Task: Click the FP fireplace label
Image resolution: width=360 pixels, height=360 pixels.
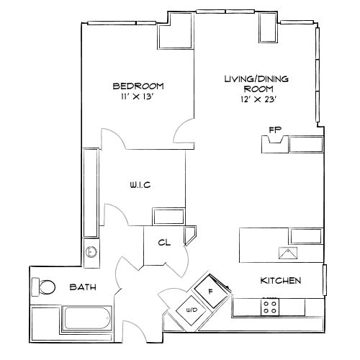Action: pyautogui.click(x=274, y=130)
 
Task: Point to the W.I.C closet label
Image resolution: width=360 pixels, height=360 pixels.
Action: pyautogui.click(x=140, y=185)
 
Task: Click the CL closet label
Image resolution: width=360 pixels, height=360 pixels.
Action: pyautogui.click(x=164, y=242)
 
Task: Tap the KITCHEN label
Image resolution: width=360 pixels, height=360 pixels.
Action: pyautogui.click(x=281, y=280)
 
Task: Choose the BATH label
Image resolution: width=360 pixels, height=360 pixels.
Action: pyautogui.click(x=83, y=287)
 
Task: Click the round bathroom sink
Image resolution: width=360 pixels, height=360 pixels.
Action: pyautogui.click(x=91, y=252)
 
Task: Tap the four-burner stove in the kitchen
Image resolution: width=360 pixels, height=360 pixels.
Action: pyautogui.click(x=271, y=307)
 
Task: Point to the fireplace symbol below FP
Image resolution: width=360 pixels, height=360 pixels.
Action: pyautogui.click(x=274, y=145)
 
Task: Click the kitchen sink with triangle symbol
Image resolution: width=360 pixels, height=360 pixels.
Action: pyautogui.click(x=287, y=253)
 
